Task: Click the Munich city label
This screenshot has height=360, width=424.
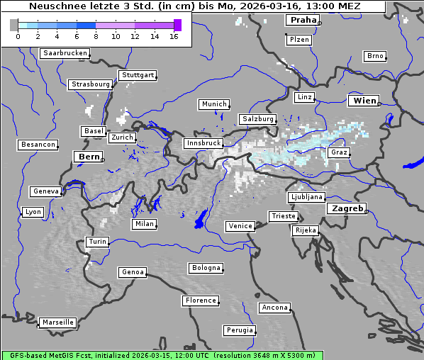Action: pos(213,104)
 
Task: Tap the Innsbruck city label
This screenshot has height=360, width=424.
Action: pos(203,143)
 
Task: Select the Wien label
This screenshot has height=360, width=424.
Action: pos(364,101)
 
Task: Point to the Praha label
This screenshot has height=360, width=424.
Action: pos(302,20)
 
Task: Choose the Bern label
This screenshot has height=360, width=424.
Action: pos(89,157)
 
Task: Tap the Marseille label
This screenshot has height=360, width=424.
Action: pos(57,322)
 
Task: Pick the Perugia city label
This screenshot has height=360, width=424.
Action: pos(240,330)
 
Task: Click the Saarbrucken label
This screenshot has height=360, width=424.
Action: pos(65,53)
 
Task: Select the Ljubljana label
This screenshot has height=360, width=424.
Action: pos(306,197)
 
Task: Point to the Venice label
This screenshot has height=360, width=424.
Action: pos(240,226)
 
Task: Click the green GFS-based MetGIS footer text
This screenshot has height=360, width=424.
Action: pos(162,355)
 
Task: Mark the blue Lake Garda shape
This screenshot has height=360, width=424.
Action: pos(201,219)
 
